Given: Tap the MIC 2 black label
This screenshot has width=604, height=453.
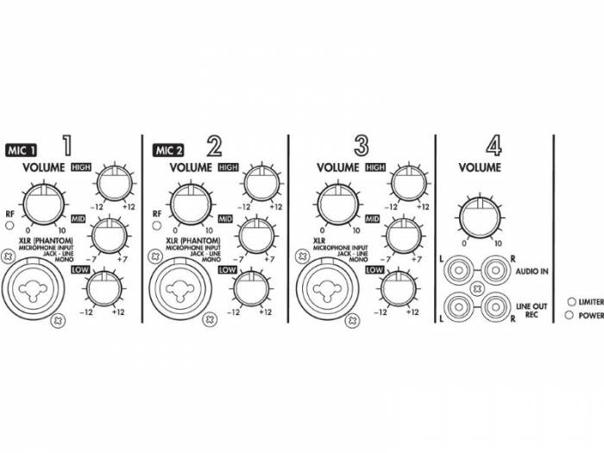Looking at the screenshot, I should click(x=170, y=148).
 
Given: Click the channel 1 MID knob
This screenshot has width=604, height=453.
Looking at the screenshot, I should click(x=109, y=233).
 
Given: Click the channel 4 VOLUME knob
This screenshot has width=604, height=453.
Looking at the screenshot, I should click(x=481, y=215).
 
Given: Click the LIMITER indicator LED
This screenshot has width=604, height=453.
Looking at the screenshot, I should click(x=571, y=301).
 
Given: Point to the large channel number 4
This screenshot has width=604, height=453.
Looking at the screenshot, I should click(x=494, y=143).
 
